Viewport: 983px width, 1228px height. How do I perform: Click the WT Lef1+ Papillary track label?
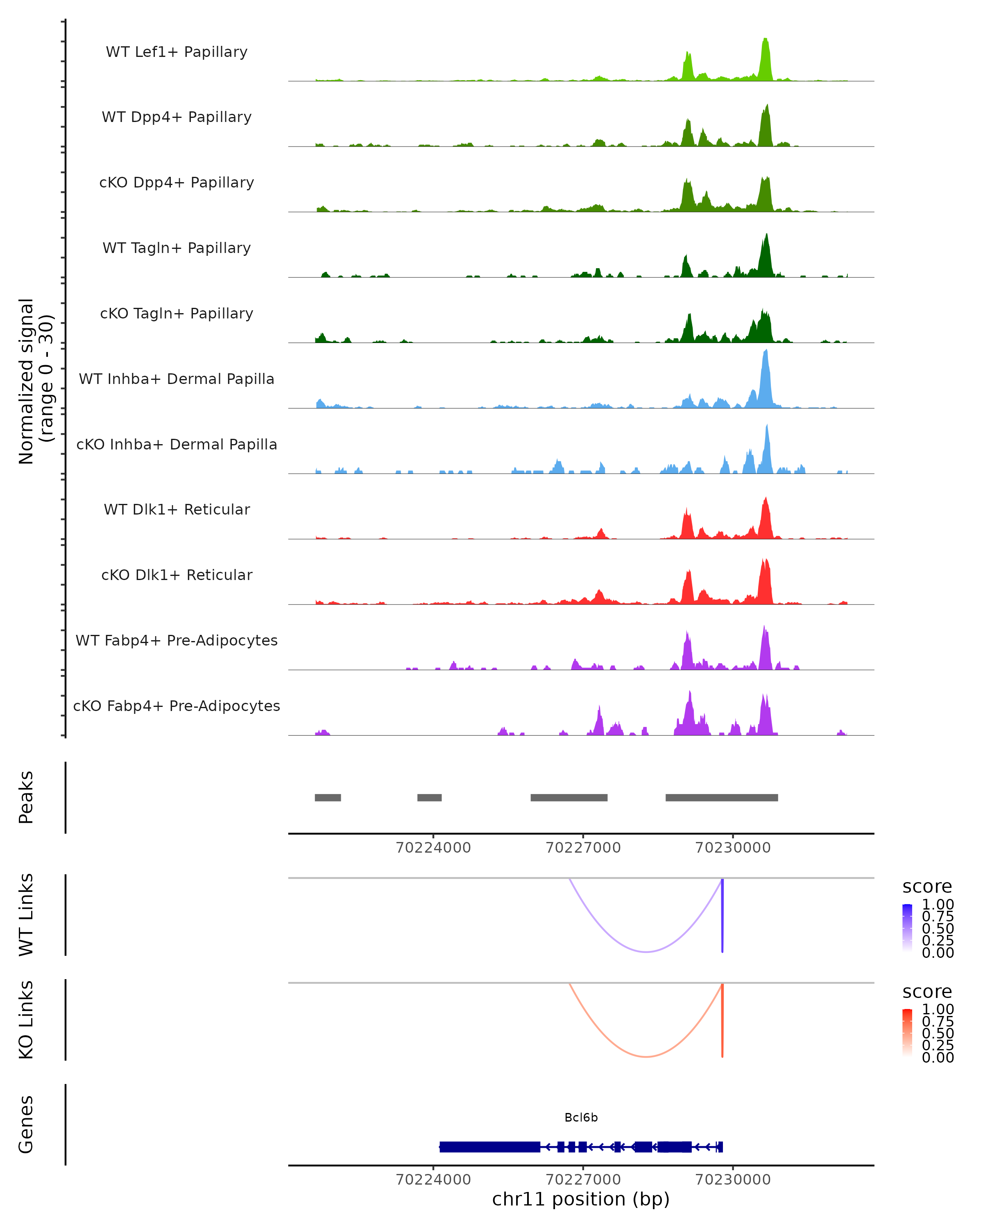point(177,52)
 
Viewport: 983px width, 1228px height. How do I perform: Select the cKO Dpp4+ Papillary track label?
point(177,183)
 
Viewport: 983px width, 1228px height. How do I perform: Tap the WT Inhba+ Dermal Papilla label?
point(177,379)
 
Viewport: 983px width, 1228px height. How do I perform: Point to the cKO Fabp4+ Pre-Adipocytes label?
point(177,706)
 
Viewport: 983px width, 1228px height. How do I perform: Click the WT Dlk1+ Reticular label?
point(177,510)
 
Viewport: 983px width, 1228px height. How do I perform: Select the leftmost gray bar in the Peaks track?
point(328,797)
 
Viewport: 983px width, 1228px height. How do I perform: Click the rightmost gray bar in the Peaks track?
point(721,797)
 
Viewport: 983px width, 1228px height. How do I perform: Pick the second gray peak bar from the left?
point(429,797)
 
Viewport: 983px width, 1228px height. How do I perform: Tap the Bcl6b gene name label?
point(581,1117)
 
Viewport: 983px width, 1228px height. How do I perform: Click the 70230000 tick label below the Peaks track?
point(733,848)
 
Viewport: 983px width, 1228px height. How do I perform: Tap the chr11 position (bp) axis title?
point(581,1199)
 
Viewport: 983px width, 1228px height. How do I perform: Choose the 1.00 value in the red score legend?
point(938,1009)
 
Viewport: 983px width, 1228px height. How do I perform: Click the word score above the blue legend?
point(927,887)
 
